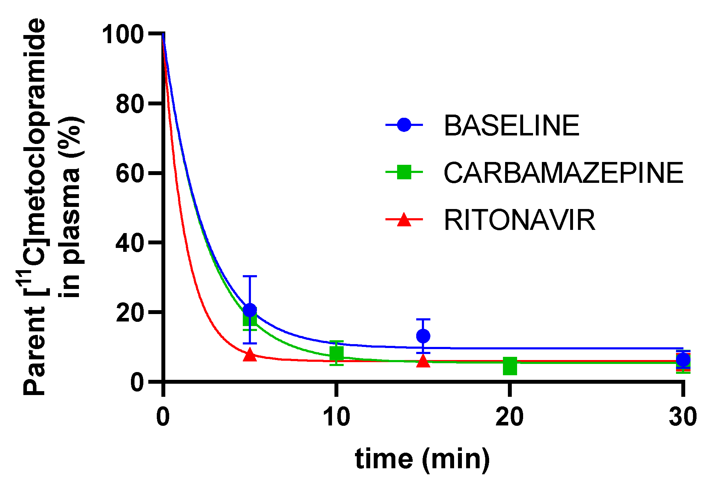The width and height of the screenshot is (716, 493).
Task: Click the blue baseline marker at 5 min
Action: pos(250,310)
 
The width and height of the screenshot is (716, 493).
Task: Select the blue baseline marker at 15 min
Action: pos(423,336)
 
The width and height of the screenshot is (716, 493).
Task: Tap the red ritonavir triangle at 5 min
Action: pos(250,355)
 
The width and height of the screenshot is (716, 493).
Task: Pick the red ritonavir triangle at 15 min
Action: pos(423,361)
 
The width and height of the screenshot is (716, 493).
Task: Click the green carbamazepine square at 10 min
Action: pos(337,353)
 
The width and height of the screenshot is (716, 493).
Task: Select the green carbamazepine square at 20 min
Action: pos(510,366)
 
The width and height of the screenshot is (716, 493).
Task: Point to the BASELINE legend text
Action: pos(511,126)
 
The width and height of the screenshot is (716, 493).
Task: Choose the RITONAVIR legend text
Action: pos(519,220)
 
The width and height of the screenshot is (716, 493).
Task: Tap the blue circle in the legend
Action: pos(404,125)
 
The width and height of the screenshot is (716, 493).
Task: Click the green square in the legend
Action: pos(404,172)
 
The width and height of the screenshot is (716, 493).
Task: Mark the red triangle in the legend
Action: pos(404,220)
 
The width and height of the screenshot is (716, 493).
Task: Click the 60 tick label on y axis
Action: pos(130,174)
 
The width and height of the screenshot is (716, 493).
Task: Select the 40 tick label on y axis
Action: pos(130,243)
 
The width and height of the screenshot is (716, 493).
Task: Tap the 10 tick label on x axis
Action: pos(336,417)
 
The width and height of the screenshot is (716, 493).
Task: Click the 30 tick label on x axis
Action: pos(683,417)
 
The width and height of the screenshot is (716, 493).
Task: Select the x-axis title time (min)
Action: pos(422,459)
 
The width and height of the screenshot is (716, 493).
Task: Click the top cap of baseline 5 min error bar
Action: pos(250,276)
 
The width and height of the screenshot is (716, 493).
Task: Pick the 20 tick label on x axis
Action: pos(509,417)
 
